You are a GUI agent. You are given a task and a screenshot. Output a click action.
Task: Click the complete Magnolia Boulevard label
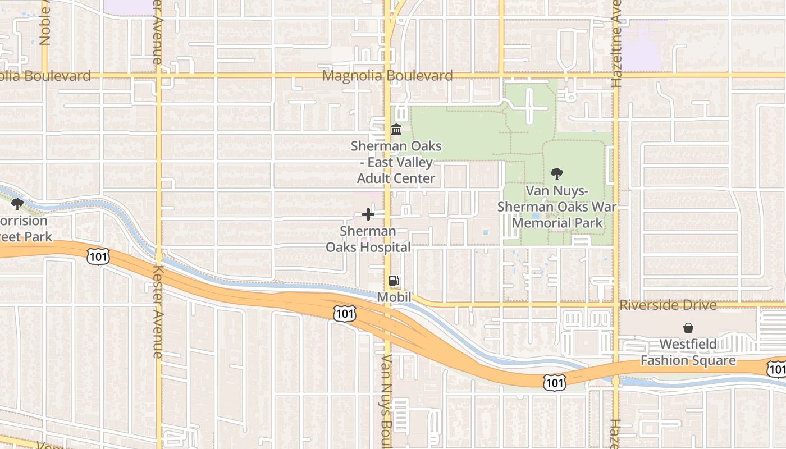(387, 76)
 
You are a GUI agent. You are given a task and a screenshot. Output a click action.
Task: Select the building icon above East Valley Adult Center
(396, 130)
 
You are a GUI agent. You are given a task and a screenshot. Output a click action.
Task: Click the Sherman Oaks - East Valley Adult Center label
(396, 162)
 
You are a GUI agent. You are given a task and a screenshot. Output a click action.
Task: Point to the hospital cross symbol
(368, 214)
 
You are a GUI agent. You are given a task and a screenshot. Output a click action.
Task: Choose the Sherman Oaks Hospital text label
(368, 239)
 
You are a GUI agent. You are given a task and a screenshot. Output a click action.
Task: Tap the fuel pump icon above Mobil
(395, 281)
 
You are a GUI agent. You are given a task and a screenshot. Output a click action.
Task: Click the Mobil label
(394, 297)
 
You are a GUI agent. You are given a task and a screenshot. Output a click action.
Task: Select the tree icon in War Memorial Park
(557, 174)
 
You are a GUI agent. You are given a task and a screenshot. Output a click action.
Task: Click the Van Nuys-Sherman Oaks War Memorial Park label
(557, 207)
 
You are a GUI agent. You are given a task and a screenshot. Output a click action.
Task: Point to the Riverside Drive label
(668, 305)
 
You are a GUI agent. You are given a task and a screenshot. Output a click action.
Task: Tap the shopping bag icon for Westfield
(688, 328)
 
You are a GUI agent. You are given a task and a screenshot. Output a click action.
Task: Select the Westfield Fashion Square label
(688, 352)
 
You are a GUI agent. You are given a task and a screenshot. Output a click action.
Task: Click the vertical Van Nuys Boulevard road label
(386, 401)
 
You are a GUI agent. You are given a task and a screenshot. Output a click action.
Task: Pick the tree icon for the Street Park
(17, 204)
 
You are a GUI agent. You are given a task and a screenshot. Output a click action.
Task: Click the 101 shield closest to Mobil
(344, 313)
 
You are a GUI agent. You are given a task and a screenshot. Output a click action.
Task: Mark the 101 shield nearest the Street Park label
(98, 256)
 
